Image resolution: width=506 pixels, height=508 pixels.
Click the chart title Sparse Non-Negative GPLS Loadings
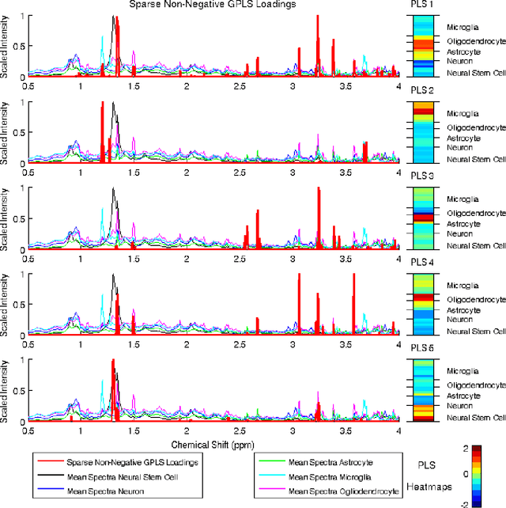pyautogui.click(x=213, y=5)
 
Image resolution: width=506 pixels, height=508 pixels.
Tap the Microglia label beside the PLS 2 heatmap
pyautogui.click(x=462, y=113)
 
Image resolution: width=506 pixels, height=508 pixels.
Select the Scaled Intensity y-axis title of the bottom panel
pyautogui.click(x=6, y=391)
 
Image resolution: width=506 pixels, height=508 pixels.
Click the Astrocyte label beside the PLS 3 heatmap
pyautogui.click(x=463, y=224)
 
